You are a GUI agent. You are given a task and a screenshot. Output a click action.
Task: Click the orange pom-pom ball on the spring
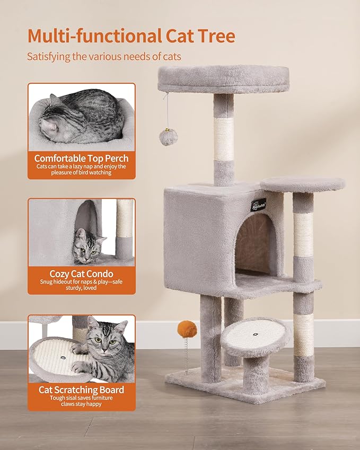[187, 329]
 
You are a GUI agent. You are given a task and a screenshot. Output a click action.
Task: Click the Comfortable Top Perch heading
[81, 158]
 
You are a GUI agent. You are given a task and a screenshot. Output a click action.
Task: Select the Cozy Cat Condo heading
[81, 274]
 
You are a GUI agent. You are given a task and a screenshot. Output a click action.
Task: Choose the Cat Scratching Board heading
[81, 390]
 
